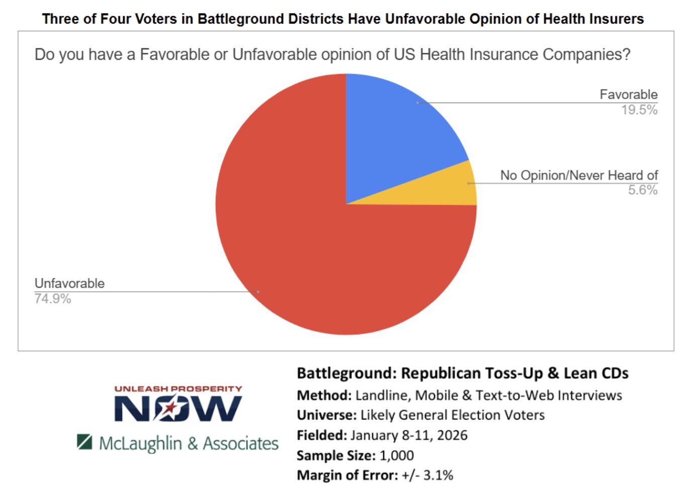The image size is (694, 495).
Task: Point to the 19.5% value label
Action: [639, 110]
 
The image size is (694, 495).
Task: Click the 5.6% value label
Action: [643, 190]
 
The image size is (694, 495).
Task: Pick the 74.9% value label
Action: [53, 299]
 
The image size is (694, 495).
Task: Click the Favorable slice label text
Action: [628, 95]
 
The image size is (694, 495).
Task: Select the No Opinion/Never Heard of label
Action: [579, 176]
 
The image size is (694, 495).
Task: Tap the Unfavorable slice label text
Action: [69, 284]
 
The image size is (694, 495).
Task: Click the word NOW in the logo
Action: [178, 408]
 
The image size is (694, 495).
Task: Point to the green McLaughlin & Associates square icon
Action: [84, 442]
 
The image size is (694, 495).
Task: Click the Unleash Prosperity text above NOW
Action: [178, 389]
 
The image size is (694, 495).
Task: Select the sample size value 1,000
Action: [397, 456]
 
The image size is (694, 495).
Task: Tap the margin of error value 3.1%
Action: [438, 475]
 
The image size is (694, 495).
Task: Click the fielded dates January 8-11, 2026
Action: [409, 436]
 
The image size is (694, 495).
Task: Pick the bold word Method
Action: [323, 395]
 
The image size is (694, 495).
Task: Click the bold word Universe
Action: [326, 416]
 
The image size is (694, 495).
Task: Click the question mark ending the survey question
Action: [626, 54]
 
